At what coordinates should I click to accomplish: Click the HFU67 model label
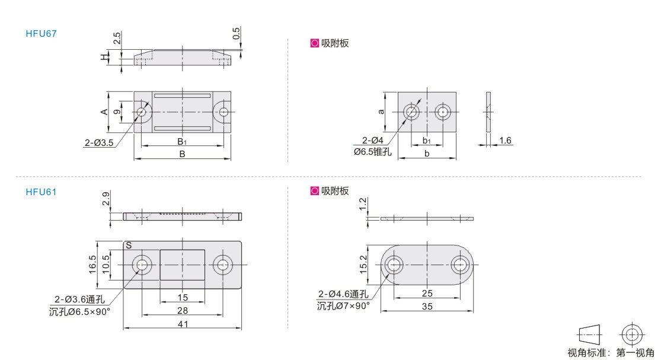(x=41, y=34)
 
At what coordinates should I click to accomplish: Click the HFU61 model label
(x=41, y=192)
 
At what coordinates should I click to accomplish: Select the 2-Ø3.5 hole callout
(x=99, y=143)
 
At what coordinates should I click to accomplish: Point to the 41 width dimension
(x=183, y=324)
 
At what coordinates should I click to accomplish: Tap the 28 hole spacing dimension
(x=183, y=310)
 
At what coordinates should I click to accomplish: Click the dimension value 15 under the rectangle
(x=183, y=297)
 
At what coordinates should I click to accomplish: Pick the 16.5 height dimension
(x=92, y=265)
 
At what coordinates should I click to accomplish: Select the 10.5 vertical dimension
(x=106, y=265)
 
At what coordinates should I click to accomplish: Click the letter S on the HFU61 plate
(x=129, y=246)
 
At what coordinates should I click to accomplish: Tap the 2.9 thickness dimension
(x=106, y=198)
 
